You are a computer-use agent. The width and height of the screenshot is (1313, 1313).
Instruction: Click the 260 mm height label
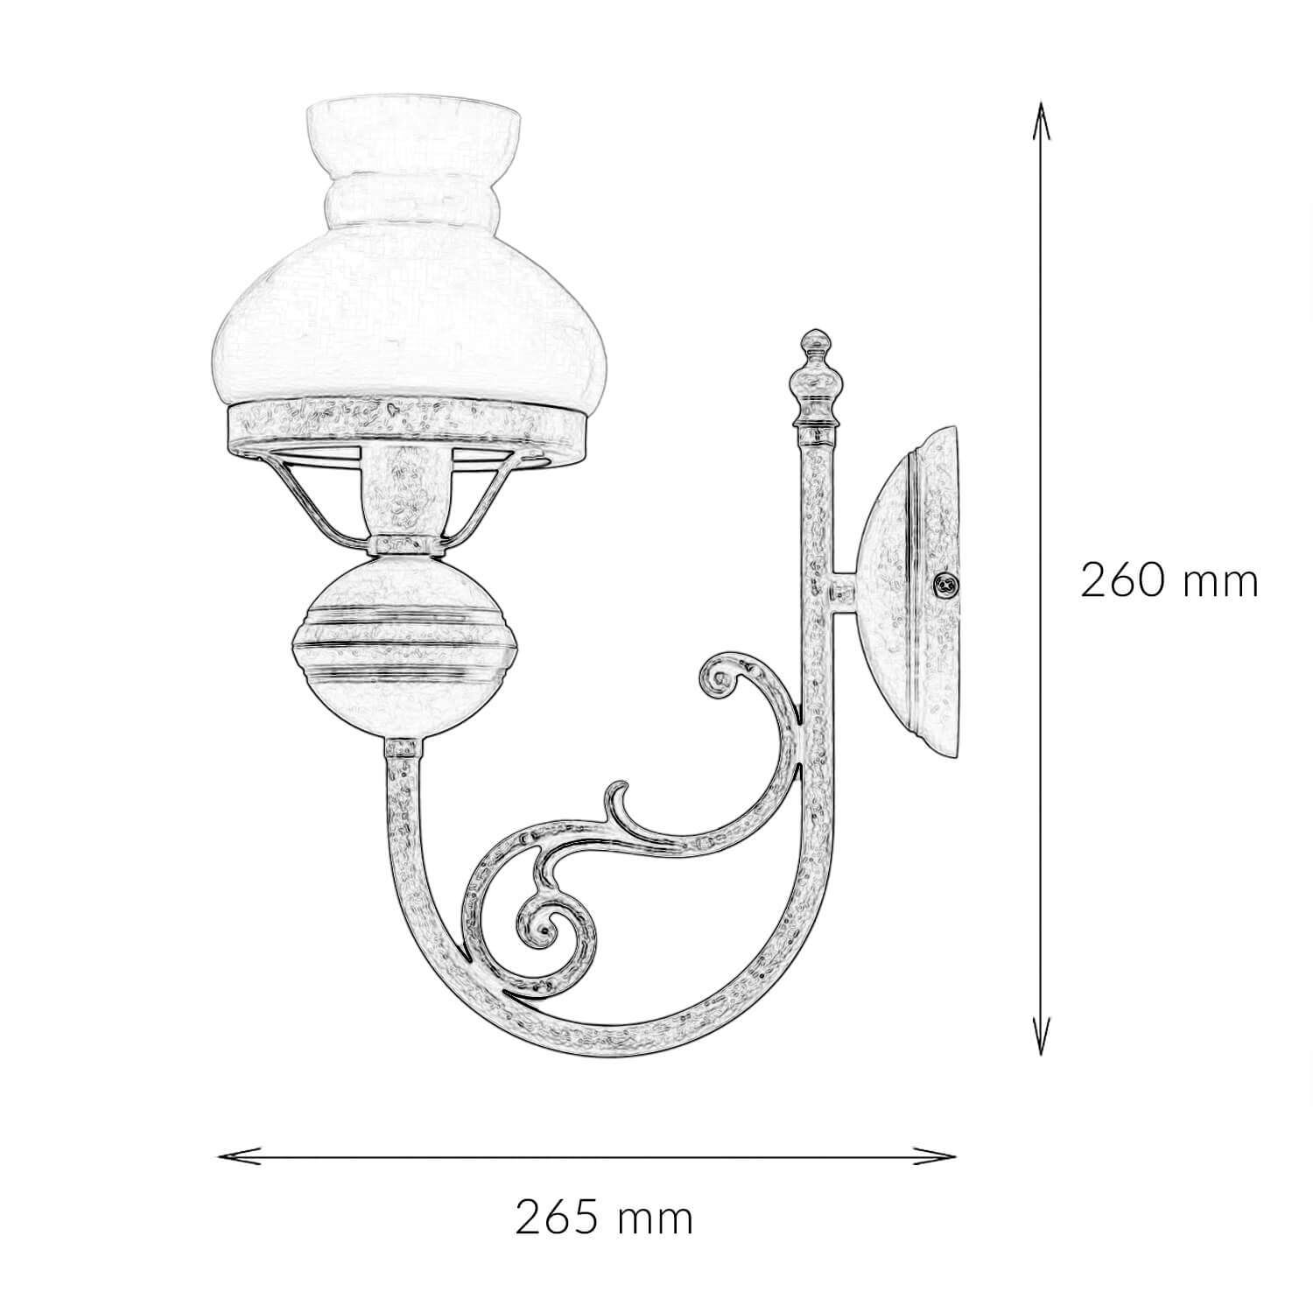click(x=1169, y=580)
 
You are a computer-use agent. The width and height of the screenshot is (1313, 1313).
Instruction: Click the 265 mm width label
click(x=604, y=1217)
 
